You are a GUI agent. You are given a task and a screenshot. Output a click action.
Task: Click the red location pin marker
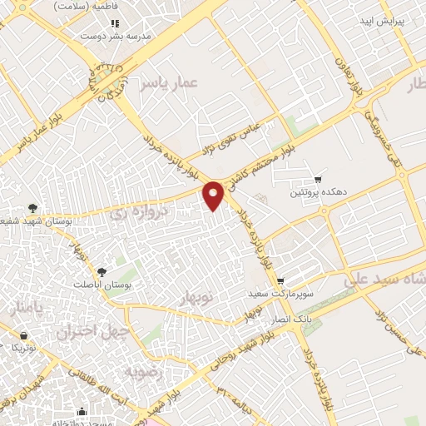point(215,195)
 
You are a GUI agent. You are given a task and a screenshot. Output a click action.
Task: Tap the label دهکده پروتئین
point(309,193)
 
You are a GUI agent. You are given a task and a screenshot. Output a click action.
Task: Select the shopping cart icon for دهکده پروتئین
point(318,179)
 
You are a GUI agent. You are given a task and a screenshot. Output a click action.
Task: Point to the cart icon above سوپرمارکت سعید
point(281,281)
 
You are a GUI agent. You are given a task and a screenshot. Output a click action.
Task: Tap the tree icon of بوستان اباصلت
point(102,271)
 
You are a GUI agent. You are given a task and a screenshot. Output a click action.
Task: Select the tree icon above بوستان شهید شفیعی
point(32,207)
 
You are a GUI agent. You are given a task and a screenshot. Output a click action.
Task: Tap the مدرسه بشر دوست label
point(126,37)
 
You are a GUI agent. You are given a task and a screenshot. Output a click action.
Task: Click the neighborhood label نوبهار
point(197,297)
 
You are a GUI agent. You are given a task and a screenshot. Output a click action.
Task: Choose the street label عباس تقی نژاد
point(228,138)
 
